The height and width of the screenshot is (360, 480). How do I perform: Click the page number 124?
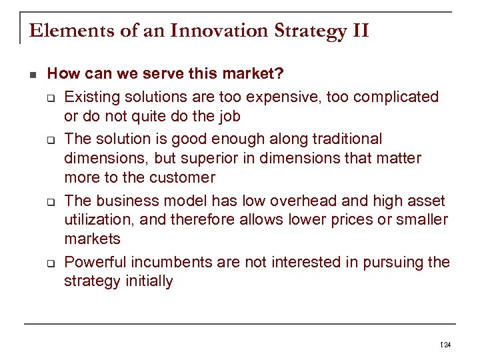click(446, 345)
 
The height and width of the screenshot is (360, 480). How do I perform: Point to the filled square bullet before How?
click(33, 74)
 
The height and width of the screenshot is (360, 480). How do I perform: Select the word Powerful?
click(94, 262)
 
